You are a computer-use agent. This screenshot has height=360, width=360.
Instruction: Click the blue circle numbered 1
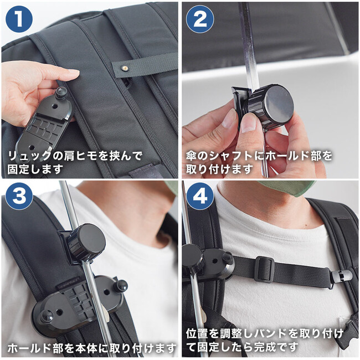point(19,19)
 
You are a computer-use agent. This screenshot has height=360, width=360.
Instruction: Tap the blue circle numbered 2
point(200,19)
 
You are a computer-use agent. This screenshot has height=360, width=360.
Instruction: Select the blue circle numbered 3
point(19,196)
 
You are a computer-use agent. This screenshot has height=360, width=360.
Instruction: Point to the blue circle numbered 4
point(200,196)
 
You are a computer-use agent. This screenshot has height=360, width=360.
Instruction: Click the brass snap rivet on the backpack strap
point(125,68)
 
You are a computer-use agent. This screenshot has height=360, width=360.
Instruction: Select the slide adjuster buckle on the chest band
point(264,269)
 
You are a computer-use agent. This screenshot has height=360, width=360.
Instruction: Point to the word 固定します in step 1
point(35,169)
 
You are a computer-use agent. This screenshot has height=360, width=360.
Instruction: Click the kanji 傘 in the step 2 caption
point(191,156)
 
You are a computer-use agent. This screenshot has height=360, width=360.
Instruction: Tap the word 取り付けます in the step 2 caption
point(219,169)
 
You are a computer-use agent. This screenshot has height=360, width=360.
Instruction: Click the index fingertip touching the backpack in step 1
point(74,74)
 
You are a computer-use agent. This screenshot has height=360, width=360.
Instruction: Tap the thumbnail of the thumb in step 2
point(249,124)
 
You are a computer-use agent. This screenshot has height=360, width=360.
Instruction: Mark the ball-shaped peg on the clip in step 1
point(61,91)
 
